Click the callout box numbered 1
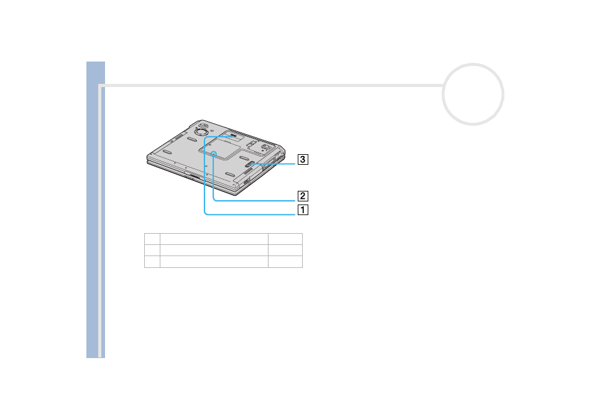point(303,209)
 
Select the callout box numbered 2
point(303,196)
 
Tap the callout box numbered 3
point(303,159)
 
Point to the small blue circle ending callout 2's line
point(214,154)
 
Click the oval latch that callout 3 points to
point(251,164)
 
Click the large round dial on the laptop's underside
point(200,131)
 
